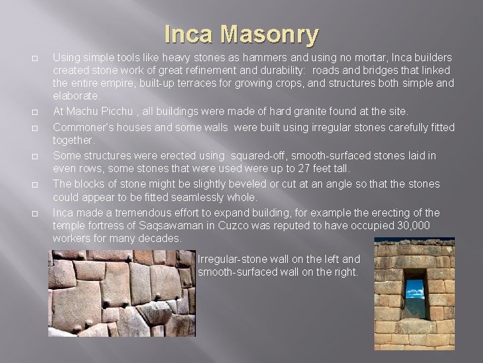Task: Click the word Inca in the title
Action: pyautogui.click(x=190, y=34)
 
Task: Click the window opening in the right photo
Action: pyautogui.click(x=415, y=298)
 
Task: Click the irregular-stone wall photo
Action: pyautogui.click(x=121, y=292)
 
